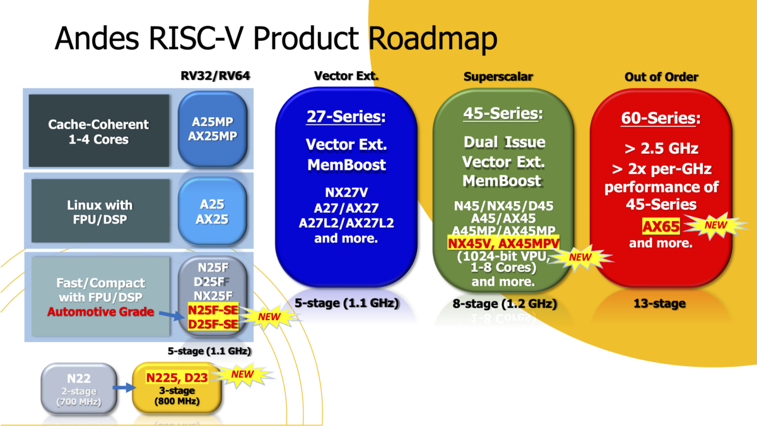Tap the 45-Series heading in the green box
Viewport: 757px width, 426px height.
(503, 114)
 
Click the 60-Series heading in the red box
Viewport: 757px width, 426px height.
(660, 118)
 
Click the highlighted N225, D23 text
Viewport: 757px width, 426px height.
(177, 377)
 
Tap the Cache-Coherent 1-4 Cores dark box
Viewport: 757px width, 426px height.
(98, 130)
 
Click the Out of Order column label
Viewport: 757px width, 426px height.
(660, 77)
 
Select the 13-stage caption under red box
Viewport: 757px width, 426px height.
(660, 304)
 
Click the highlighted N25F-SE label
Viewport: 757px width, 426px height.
(213, 309)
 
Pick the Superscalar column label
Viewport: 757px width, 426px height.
(498, 77)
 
